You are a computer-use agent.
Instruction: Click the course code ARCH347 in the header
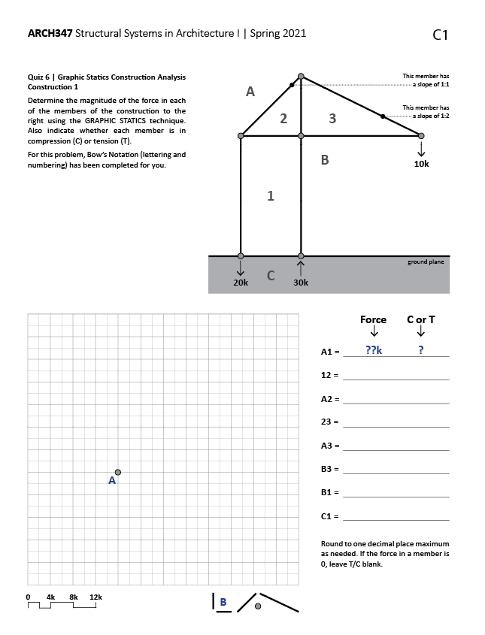tap(50, 33)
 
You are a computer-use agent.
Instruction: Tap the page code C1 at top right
tap(441, 35)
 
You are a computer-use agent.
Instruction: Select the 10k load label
tap(421, 164)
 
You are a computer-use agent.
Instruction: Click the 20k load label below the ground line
tap(241, 283)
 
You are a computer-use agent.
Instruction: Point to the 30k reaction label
tap(301, 283)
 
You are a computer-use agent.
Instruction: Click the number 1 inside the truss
tap(271, 196)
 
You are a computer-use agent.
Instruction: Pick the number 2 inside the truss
tap(283, 118)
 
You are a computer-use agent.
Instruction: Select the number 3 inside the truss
tap(332, 118)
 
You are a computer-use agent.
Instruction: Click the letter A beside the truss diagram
tap(250, 92)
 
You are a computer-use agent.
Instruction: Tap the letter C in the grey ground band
tap(271, 275)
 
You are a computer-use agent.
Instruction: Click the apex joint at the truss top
tap(301, 76)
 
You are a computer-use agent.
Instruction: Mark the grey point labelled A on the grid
tap(117, 472)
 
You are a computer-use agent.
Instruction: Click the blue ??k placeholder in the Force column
tap(373, 350)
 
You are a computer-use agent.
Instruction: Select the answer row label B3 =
tap(330, 470)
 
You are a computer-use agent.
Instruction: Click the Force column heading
tap(373, 319)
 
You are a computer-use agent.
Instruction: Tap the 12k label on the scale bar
tap(95, 597)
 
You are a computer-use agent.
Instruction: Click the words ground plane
tap(426, 262)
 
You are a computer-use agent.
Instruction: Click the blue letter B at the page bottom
tap(223, 601)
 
